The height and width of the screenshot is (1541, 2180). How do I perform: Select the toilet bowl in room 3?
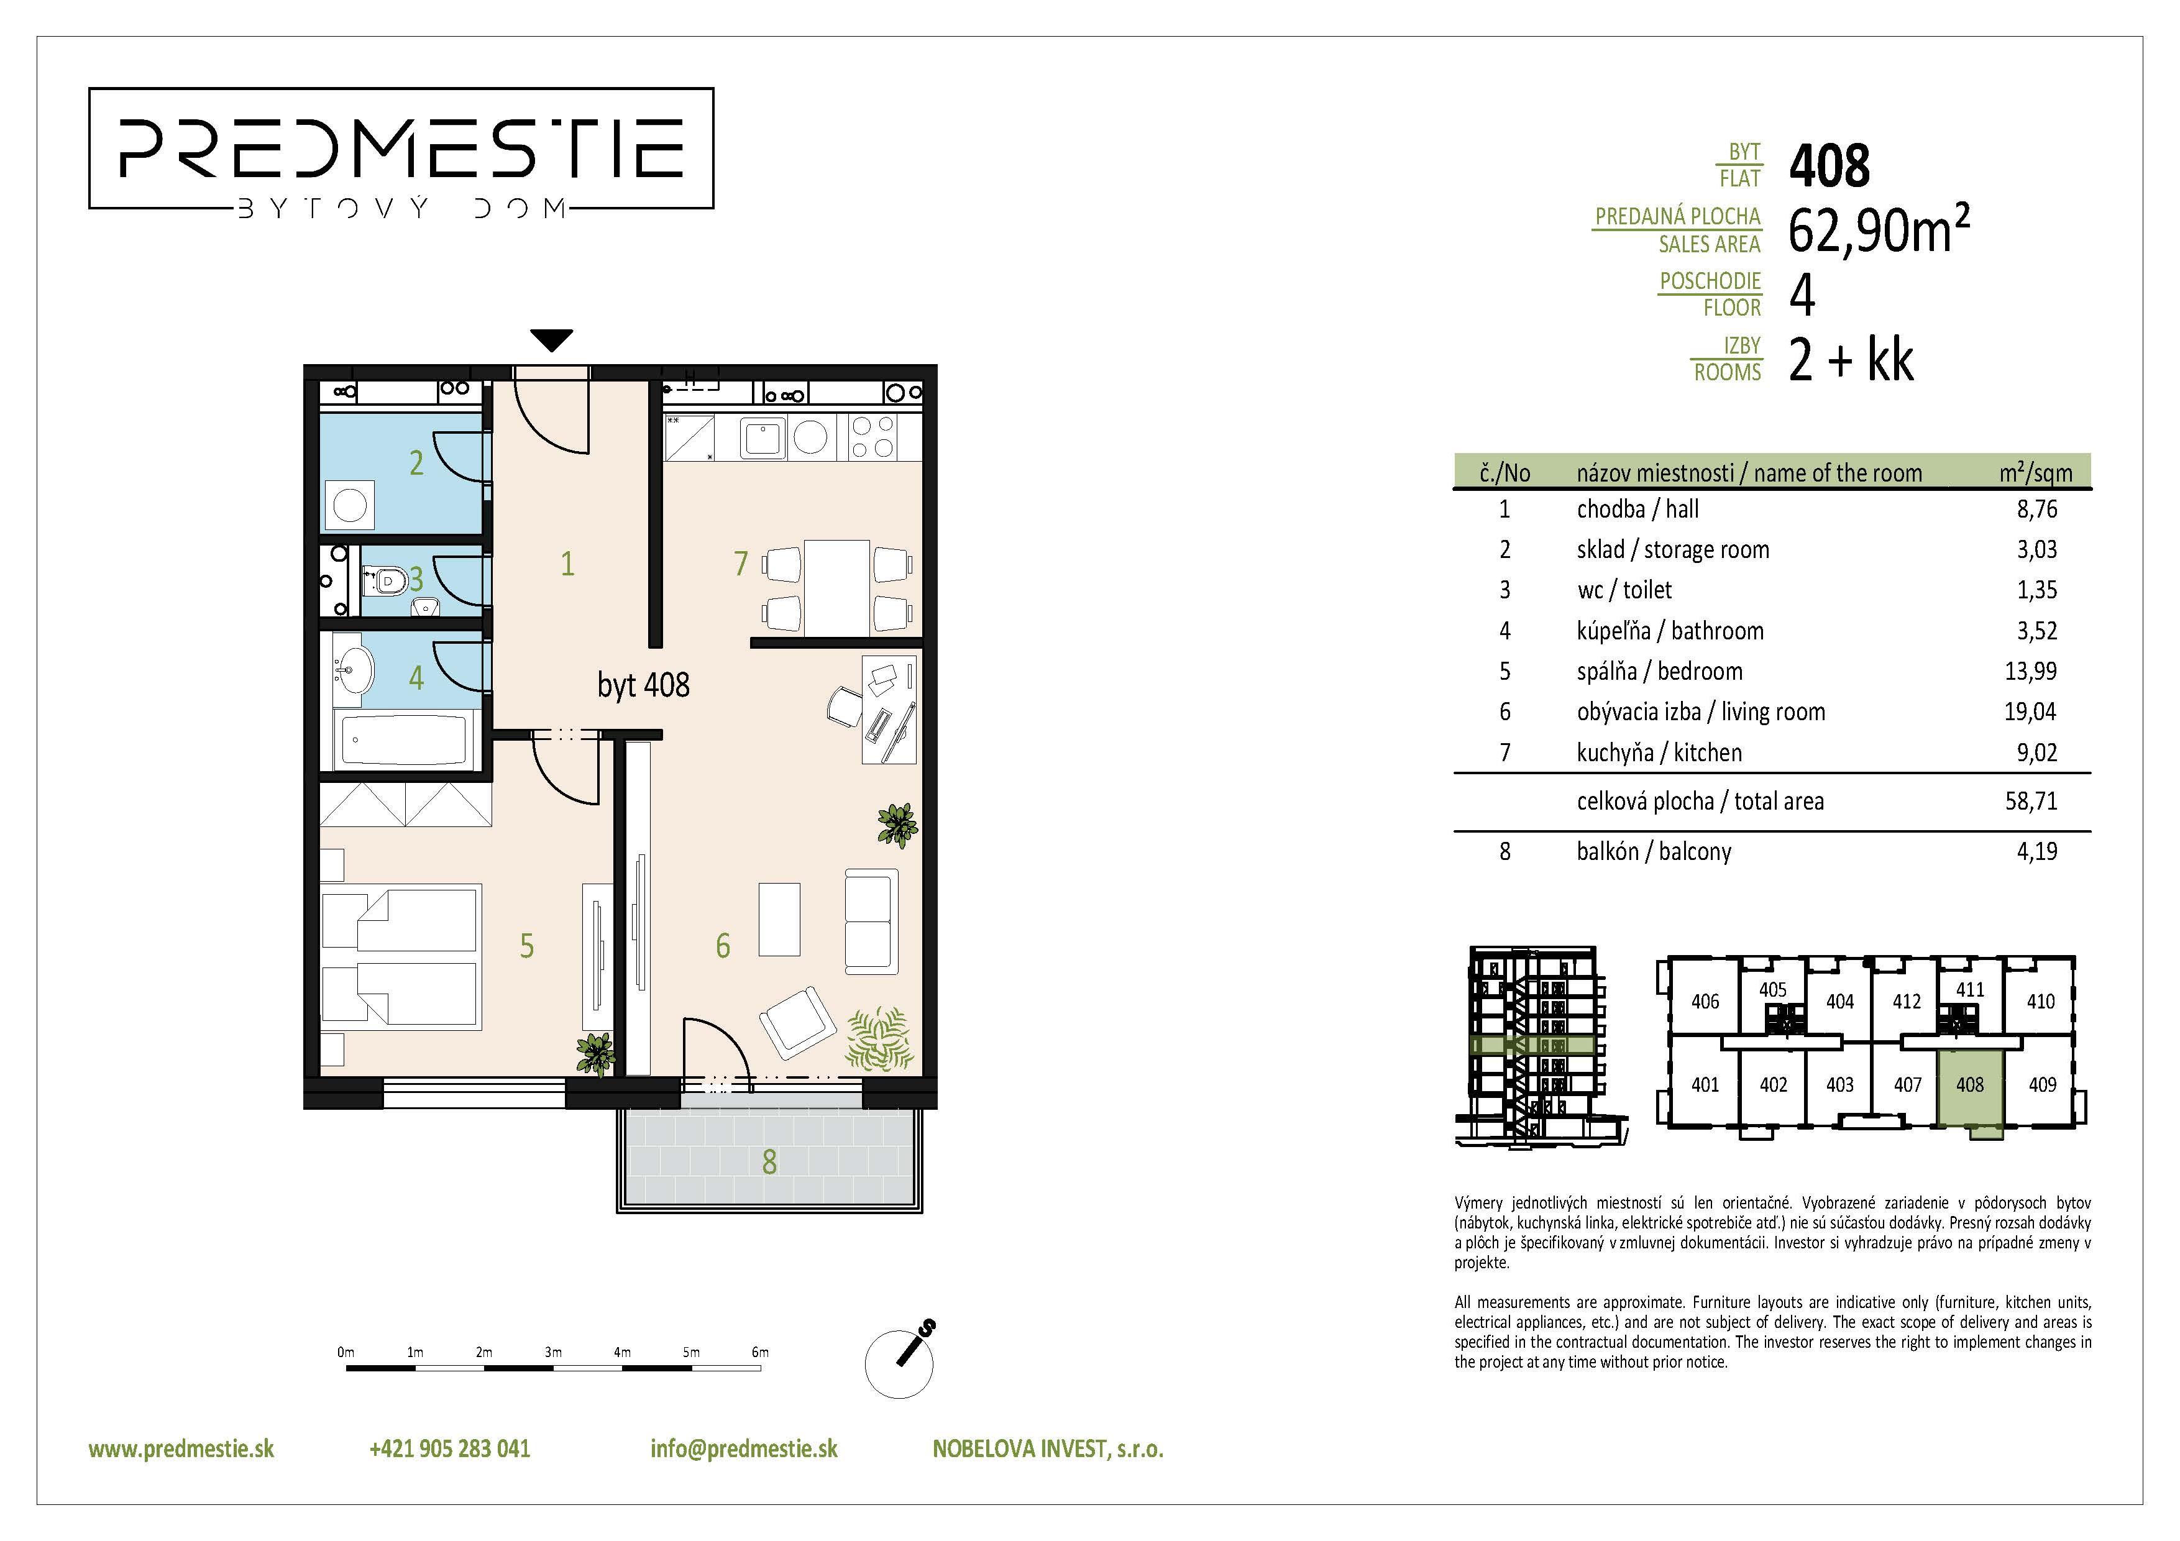click(385, 578)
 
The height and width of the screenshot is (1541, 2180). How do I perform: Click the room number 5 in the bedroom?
click(527, 946)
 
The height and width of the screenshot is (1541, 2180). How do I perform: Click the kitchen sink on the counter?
click(761, 437)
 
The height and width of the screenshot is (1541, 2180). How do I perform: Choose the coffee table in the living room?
click(779, 919)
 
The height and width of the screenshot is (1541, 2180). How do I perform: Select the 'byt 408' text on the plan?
click(643, 685)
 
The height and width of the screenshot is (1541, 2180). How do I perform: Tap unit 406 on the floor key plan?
click(1705, 1001)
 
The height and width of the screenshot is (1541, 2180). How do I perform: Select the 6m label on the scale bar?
click(759, 1352)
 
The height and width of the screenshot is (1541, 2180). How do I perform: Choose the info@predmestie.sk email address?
click(743, 1449)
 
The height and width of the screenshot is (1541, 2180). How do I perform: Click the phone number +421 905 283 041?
click(449, 1449)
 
